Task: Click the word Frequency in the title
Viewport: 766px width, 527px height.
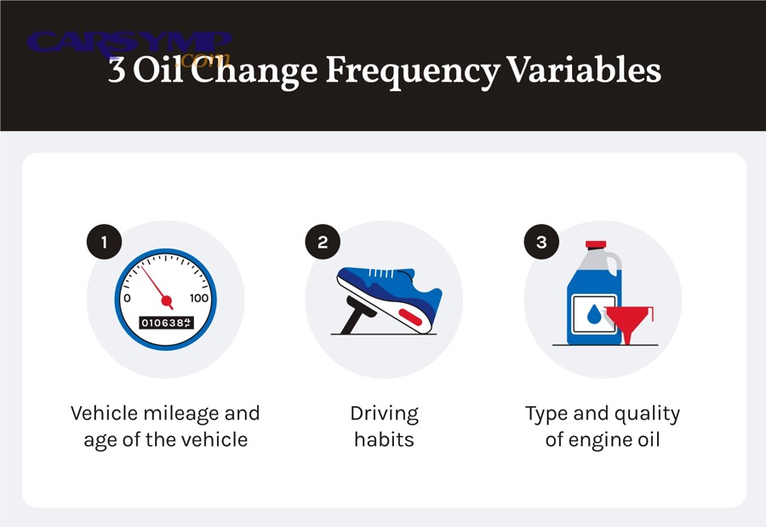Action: pos(413,71)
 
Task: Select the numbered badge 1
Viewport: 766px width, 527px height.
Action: pos(104,243)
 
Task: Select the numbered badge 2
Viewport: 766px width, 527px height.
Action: pos(322,243)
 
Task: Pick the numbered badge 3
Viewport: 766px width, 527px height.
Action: pos(541,243)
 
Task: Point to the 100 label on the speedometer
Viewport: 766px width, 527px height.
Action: pos(199,298)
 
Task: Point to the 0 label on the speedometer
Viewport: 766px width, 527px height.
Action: pos(128,298)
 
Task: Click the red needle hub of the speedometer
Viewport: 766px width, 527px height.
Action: pos(167,301)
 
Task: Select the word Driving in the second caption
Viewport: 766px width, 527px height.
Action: pos(384,415)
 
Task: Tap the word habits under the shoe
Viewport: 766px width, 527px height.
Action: pos(384,441)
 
